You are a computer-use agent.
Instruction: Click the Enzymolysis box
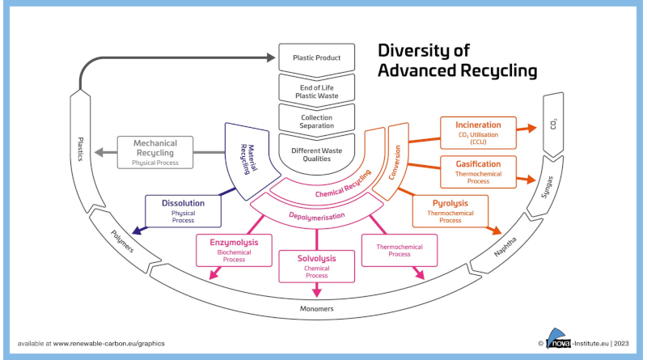pos(234,250)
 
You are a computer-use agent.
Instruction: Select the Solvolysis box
pos(316,265)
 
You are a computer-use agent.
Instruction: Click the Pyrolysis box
pos(450,210)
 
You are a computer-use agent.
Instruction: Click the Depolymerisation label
pos(316,216)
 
